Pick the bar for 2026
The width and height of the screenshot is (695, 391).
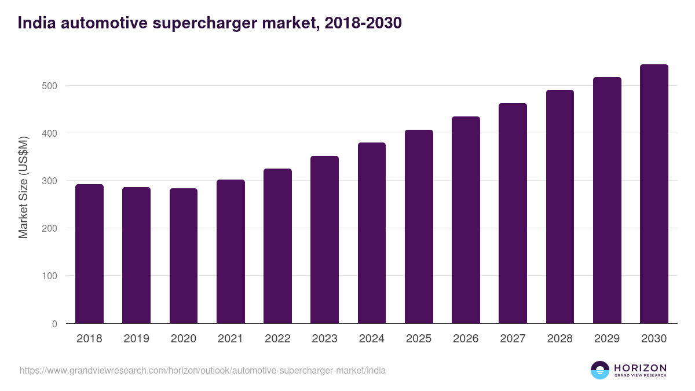pos(466,220)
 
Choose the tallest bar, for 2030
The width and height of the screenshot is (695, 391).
pos(654,193)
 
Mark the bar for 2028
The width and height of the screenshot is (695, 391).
pos(559,206)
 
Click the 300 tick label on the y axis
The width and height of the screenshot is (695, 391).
pos(50,181)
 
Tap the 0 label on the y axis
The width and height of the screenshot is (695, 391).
pos(54,324)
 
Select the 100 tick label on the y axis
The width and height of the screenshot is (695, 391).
pos(50,276)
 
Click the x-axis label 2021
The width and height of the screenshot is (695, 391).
pos(231,339)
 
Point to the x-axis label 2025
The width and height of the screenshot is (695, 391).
pos(419,339)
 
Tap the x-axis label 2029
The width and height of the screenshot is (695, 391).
pos(607,339)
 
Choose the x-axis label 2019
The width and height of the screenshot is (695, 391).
pos(136,339)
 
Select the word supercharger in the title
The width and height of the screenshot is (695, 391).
pos(193,23)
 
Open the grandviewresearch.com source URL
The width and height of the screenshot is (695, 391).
pos(203,370)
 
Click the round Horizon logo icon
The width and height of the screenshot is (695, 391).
pos(600,370)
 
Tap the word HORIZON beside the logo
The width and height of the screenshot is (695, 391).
pos(640,367)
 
